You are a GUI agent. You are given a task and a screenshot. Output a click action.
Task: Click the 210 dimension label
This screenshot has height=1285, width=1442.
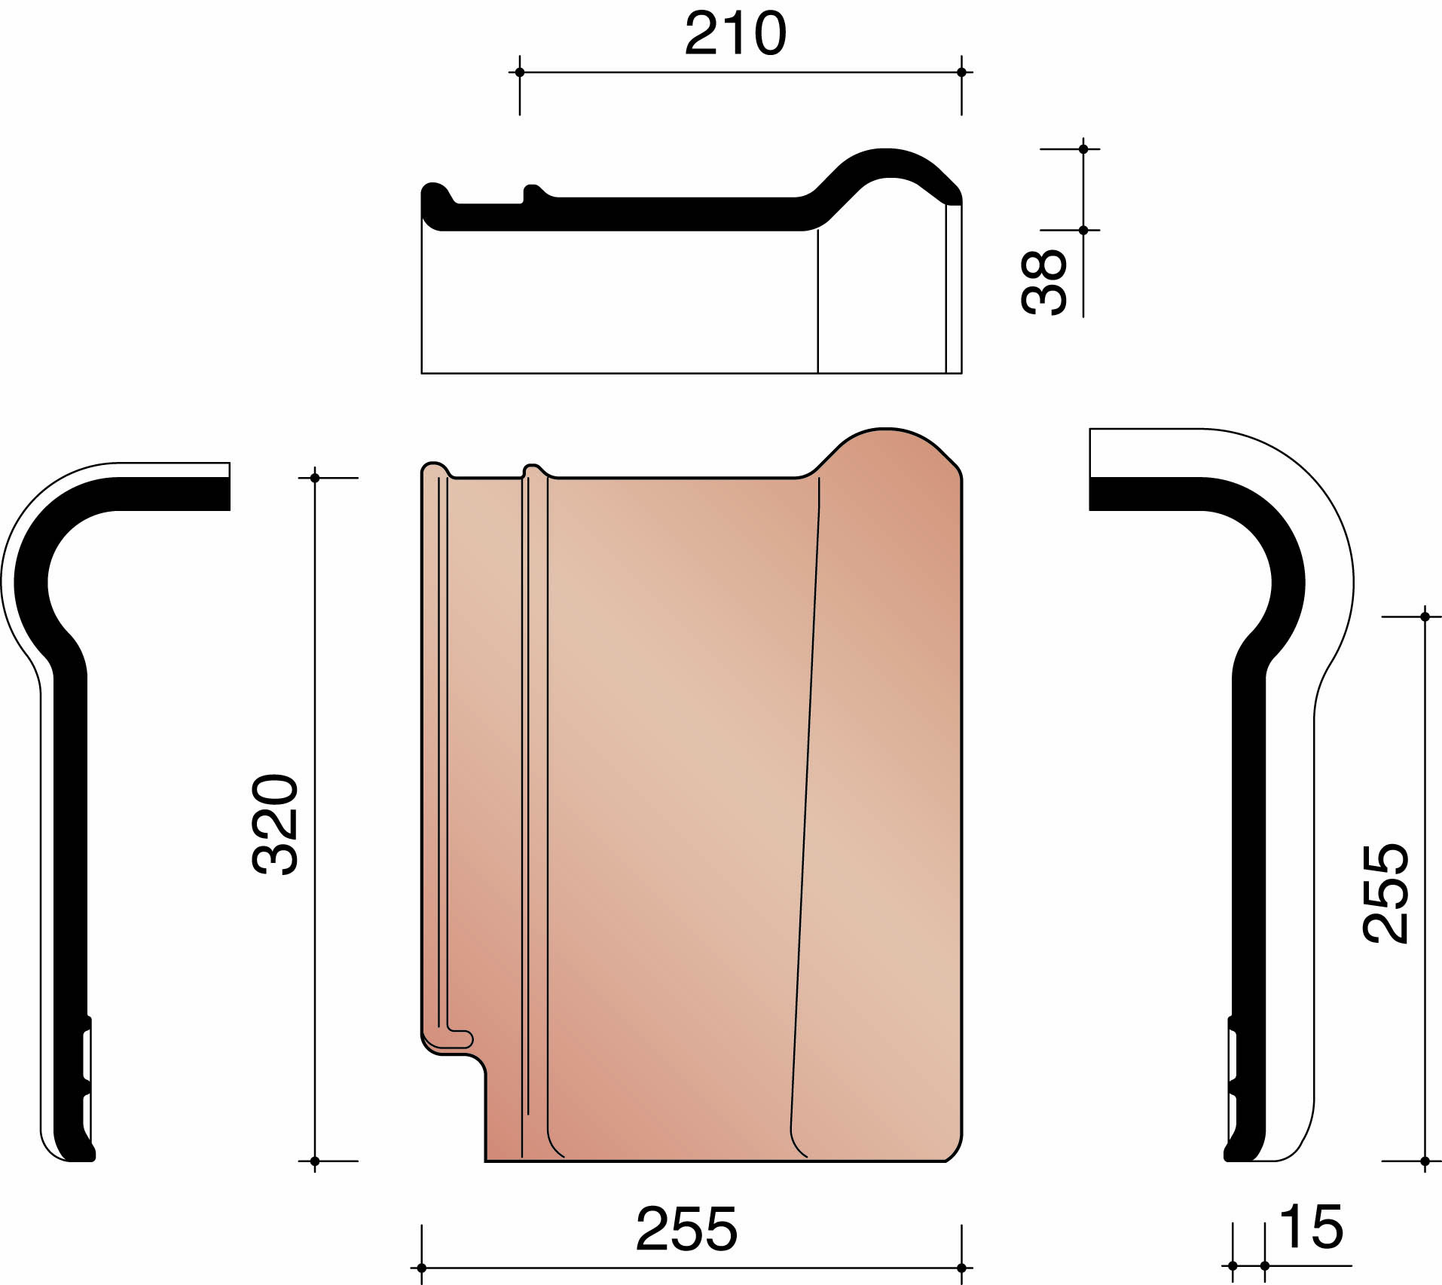735,34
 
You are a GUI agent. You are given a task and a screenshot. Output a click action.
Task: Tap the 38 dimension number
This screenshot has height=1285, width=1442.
1044,282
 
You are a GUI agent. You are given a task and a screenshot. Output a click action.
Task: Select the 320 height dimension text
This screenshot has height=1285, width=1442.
275,824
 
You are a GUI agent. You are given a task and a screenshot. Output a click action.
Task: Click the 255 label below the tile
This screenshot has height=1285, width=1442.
686,1229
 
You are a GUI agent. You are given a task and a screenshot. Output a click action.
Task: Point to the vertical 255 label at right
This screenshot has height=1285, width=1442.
1385,893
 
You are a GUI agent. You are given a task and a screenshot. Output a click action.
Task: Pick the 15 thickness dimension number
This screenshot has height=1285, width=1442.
1311,1228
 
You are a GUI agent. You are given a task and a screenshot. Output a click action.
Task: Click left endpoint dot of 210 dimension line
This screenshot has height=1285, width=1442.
519,72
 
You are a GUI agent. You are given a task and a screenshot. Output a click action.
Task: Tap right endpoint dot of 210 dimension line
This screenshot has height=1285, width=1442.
961,72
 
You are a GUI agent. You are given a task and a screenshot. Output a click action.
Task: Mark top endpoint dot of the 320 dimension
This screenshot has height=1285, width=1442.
315,478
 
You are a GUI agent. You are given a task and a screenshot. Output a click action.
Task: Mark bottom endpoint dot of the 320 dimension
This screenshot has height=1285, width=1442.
315,1161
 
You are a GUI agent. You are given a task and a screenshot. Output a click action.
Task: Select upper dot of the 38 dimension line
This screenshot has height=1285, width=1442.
1083,149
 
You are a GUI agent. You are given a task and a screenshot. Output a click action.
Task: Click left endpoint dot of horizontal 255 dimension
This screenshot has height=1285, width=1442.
422,1268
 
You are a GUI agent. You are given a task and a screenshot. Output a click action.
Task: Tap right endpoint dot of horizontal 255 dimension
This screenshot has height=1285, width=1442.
961,1268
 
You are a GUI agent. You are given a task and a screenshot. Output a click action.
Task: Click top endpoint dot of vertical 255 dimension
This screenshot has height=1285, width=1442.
1425,616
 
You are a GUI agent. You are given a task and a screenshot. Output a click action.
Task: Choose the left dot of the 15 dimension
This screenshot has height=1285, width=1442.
1233,1265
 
